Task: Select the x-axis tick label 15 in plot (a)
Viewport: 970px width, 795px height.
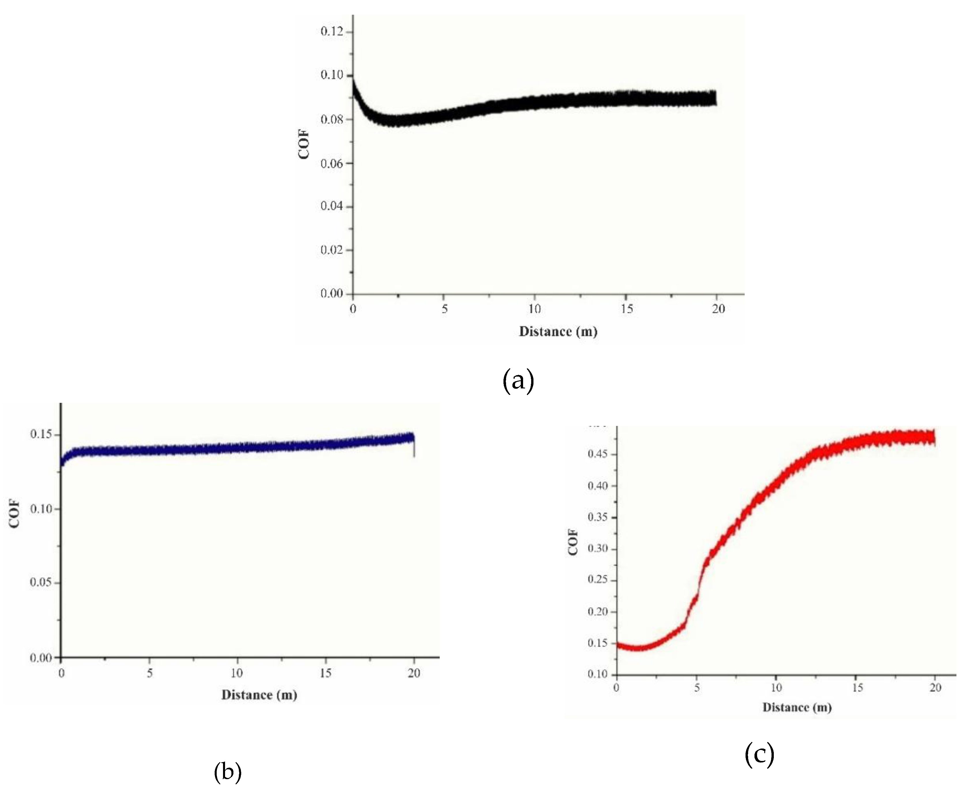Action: point(627,309)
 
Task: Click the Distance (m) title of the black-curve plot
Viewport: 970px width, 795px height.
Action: point(558,332)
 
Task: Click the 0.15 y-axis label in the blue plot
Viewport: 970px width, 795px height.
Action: point(41,434)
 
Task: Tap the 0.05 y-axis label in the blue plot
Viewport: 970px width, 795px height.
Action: point(41,583)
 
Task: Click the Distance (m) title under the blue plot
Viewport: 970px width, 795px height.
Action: point(259,695)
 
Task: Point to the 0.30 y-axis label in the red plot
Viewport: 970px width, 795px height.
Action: point(598,549)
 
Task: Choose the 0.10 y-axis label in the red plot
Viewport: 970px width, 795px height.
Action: point(598,675)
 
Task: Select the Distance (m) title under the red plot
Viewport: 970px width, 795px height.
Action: point(797,708)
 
